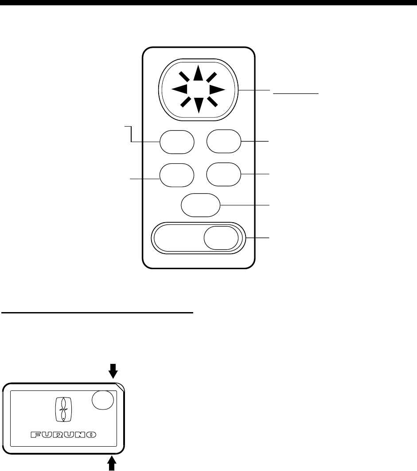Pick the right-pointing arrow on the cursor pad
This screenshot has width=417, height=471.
coord(217,89)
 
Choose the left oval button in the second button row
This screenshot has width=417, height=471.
coord(177,174)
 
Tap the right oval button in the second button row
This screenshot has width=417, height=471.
coord(224,174)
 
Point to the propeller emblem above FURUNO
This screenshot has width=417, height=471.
coord(62,410)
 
